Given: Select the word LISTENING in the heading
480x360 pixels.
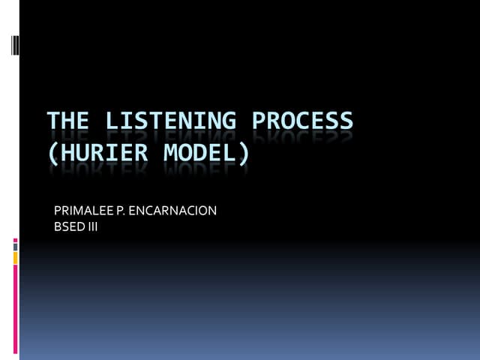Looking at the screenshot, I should [169, 121].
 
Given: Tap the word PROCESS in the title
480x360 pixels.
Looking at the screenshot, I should [302, 121].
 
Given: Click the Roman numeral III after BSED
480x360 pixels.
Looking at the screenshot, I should [92, 226].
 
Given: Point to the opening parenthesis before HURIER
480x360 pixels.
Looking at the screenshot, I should [52, 153].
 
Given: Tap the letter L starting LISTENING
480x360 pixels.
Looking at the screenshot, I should [110, 121].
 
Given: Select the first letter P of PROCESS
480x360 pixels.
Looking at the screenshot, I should [259, 121].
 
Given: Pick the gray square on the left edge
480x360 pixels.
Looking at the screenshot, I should [15, 247].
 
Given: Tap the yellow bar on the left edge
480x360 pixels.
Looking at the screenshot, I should [15, 257].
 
